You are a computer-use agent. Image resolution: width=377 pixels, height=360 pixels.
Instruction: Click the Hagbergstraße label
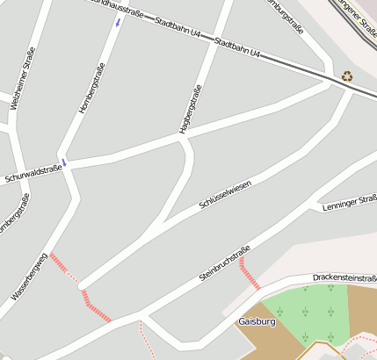point(191,109)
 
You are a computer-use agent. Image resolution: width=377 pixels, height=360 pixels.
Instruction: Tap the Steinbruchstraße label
point(226,262)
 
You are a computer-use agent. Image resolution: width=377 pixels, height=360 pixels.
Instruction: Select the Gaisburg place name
point(257,322)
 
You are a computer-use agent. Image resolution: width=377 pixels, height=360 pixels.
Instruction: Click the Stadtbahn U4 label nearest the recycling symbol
point(237,48)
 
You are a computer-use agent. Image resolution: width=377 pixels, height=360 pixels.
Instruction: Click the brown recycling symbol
point(347,76)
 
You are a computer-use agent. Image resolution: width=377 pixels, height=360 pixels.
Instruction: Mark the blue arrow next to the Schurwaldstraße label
point(64,162)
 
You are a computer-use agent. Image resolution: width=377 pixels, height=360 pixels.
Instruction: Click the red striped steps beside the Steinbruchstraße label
point(249,273)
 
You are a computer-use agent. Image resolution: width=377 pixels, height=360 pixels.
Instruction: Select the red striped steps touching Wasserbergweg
point(60,263)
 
